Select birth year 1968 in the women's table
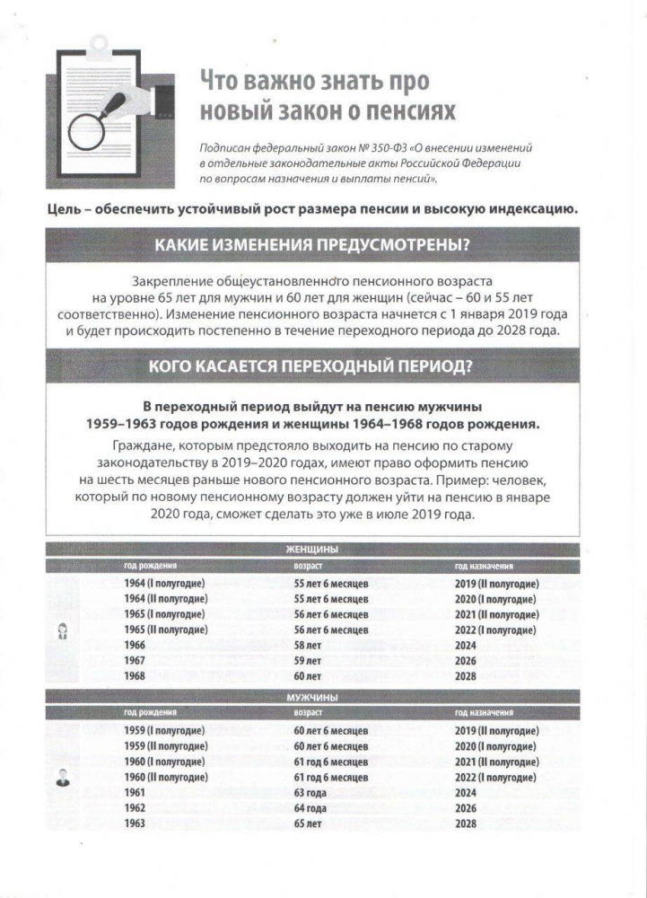(x=135, y=675)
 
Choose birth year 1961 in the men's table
(x=135, y=793)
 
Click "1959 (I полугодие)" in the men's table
(x=165, y=731)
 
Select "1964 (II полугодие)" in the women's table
(x=167, y=599)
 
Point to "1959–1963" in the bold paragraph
(x=124, y=423)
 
